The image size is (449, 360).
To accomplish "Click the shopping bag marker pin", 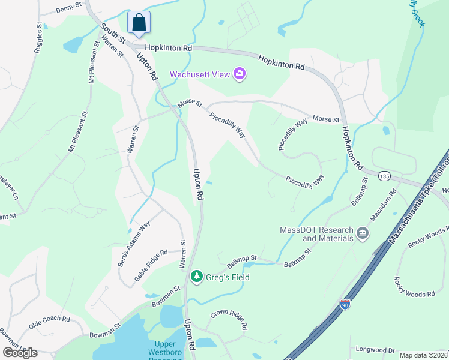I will pyautogui.click(x=139, y=22).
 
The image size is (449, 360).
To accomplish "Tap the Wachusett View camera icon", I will pyautogui.click(x=240, y=74).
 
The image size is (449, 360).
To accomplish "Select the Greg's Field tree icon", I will pyautogui.click(x=196, y=277).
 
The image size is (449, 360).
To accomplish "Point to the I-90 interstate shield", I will pyautogui.click(x=345, y=304).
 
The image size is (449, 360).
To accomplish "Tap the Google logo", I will pyautogui.click(x=20, y=352).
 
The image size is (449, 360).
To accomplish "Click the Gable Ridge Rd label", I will pyautogui.click(x=151, y=266).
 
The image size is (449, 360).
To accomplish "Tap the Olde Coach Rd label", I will pyautogui.click(x=49, y=323).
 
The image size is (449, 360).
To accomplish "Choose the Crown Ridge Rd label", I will pyautogui.click(x=229, y=319).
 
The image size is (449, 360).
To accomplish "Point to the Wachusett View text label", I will pyautogui.click(x=200, y=74).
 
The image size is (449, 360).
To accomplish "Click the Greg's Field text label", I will pyautogui.click(x=228, y=277).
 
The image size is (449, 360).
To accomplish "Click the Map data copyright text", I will pyautogui.click(x=424, y=355).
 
